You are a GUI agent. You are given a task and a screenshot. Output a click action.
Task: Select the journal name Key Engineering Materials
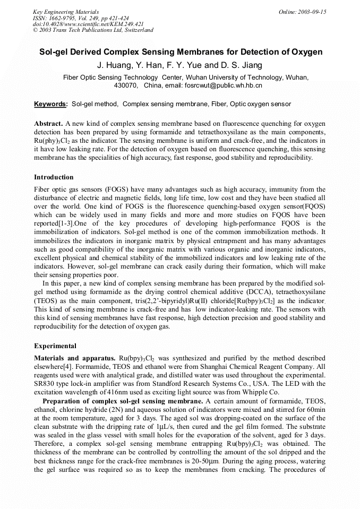coord(66,11)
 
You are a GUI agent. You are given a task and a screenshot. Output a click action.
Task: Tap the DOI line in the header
coord(88,24)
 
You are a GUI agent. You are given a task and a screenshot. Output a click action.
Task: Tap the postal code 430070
coord(126,85)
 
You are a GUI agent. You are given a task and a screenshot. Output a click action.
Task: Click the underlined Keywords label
coord(50,104)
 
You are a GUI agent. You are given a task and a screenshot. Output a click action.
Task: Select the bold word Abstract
coord(49,123)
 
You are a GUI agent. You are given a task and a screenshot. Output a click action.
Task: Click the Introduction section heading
coord(54,177)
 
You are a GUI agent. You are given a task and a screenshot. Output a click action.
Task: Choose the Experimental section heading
coord(55,346)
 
